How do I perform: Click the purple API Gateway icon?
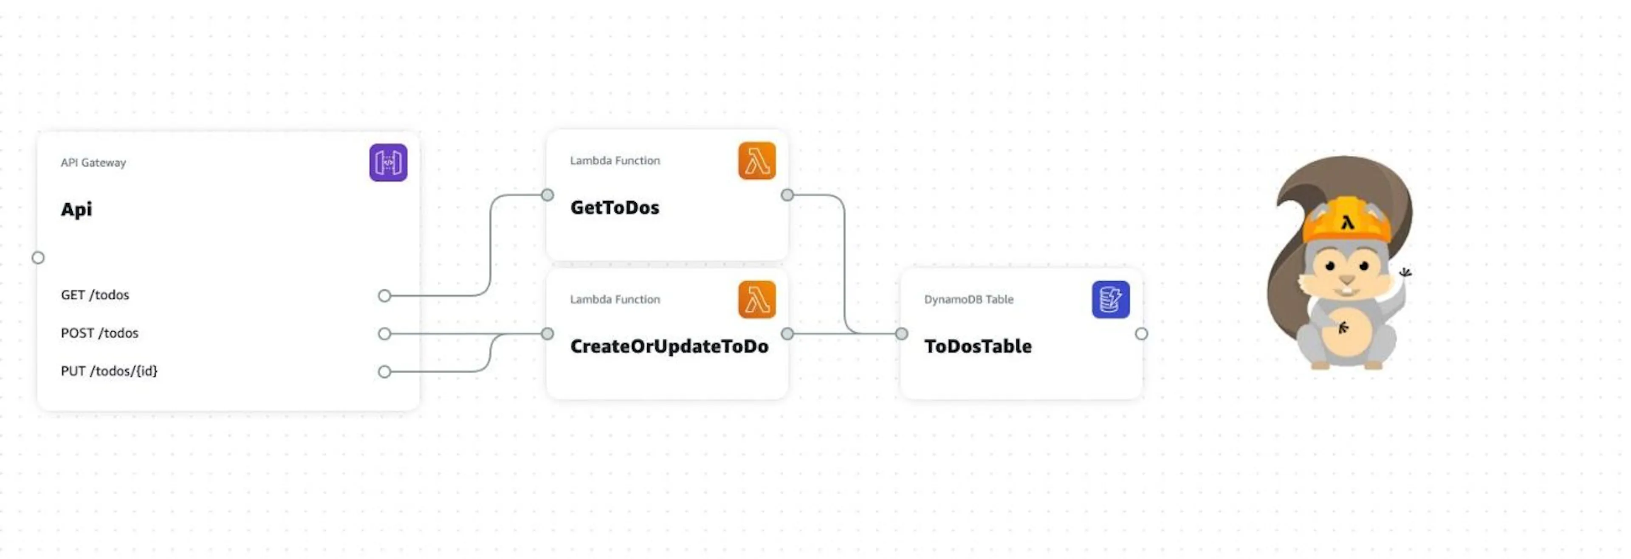[388, 163]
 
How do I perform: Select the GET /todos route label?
[95, 295]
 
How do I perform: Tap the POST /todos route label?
[99, 333]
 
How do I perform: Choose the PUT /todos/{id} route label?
[109, 371]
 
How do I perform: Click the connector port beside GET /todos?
[384, 296]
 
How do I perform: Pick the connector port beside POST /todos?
[384, 334]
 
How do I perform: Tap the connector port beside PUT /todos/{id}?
[384, 372]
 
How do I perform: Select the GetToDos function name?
[615, 208]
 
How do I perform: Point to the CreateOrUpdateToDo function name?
[669, 346]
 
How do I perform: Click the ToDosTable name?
[978, 346]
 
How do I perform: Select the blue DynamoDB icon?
[1111, 299]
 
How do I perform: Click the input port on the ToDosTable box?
[902, 334]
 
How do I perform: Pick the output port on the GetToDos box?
[787, 195]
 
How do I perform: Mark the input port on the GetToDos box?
[547, 195]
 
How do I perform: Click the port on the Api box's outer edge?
[38, 258]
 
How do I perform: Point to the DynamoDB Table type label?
[969, 299]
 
